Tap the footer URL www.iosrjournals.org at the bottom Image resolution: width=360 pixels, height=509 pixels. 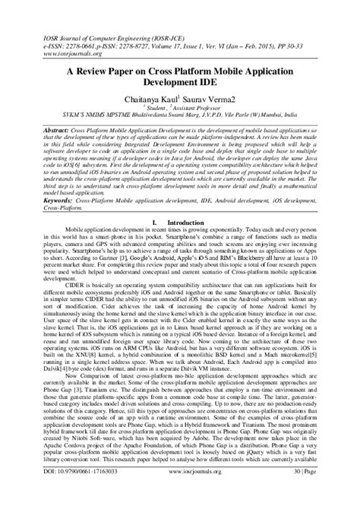178,494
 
